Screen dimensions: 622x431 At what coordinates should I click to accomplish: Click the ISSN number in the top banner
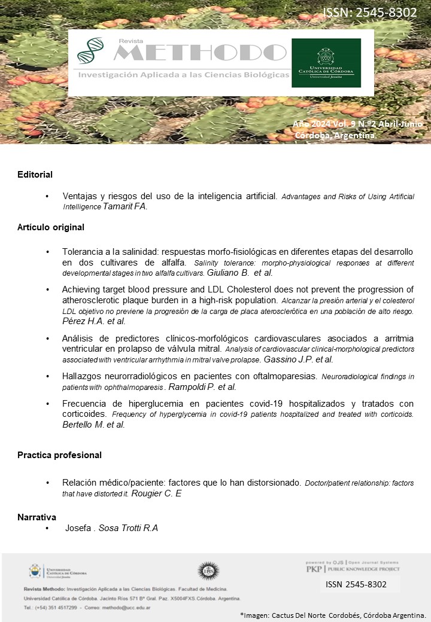click(x=369, y=13)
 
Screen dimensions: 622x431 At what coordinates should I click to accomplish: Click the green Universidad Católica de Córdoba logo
click(x=326, y=63)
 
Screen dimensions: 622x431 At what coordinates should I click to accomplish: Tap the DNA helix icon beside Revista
click(x=89, y=51)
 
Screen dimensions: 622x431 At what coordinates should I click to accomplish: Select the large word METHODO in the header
click(x=199, y=54)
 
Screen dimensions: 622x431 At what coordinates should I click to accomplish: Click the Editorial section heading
click(x=35, y=175)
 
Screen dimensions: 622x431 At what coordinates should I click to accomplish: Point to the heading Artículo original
click(x=51, y=227)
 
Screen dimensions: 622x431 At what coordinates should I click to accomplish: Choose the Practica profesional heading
click(x=59, y=455)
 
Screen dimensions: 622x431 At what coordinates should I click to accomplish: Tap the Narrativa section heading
click(x=37, y=517)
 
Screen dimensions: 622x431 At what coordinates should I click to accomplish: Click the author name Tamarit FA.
click(x=125, y=206)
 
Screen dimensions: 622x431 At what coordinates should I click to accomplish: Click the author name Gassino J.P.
click(x=290, y=359)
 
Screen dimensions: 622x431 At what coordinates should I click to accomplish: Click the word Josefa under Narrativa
click(x=76, y=528)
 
